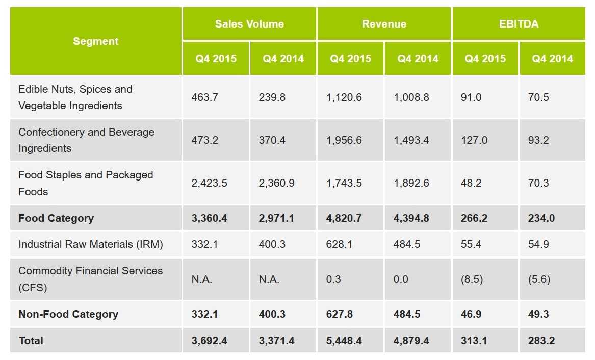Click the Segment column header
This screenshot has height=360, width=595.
tap(95, 41)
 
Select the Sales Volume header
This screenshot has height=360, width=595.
tap(249, 24)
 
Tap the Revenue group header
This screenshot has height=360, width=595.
tap(384, 24)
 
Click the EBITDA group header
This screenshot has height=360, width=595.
tap(519, 24)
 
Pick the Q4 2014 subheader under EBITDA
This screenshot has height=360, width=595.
tap(552, 59)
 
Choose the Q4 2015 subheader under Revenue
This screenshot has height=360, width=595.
tap(350, 59)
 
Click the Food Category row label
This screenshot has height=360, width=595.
tap(56, 218)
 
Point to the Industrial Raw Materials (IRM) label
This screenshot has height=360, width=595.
tap(91, 244)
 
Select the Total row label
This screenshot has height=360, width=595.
tap(31, 341)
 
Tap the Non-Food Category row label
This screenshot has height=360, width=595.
tap(68, 314)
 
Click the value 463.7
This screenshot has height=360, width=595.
tap(204, 97)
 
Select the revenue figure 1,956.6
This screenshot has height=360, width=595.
tap(344, 140)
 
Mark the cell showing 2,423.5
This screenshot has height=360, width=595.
tap(209, 183)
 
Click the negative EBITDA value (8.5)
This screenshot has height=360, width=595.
tap(472, 279)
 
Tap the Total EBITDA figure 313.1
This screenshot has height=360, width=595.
tap(474, 341)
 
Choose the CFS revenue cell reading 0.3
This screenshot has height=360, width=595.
tap(333, 279)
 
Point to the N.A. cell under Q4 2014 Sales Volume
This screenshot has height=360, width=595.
tap(269, 279)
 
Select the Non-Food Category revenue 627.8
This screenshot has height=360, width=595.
tap(339, 314)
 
